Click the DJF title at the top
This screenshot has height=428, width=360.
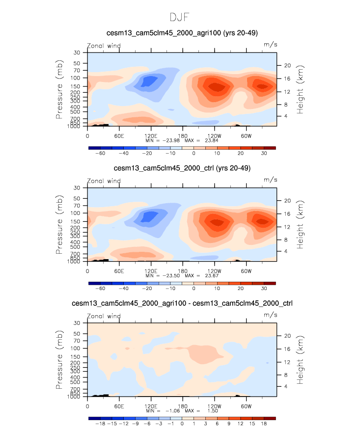point(180,18)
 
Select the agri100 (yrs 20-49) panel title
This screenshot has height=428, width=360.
point(182,33)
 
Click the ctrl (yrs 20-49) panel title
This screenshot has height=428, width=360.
point(182,168)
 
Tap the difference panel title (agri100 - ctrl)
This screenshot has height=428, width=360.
point(182,303)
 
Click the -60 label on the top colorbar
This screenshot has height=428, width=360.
point(100,154)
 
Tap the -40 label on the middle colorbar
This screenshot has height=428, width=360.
point(124,289)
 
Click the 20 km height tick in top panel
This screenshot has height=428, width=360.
point(288,65)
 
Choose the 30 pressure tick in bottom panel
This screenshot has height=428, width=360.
point(77,323)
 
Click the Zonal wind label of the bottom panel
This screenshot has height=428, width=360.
point(104,316)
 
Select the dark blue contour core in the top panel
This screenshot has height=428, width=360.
point(148,81)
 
